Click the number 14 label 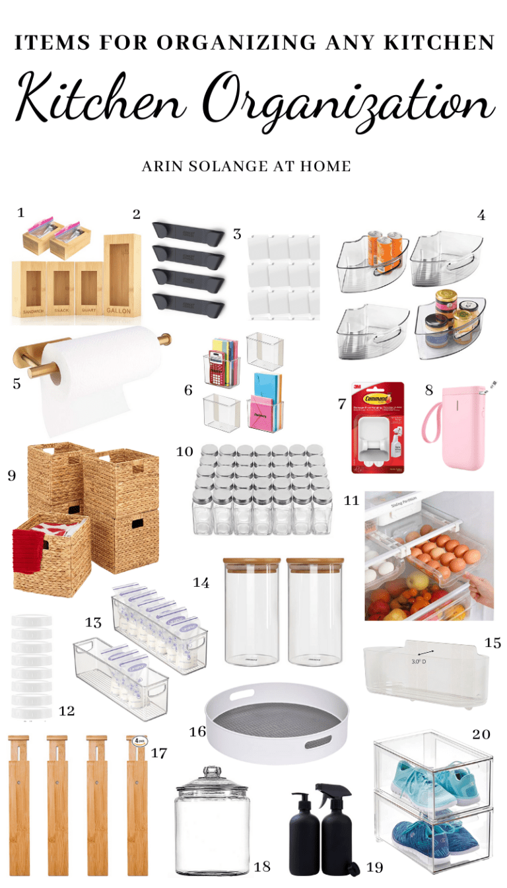[201, 582]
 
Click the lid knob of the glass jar [211, 771]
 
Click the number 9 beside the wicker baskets [11, 475]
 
